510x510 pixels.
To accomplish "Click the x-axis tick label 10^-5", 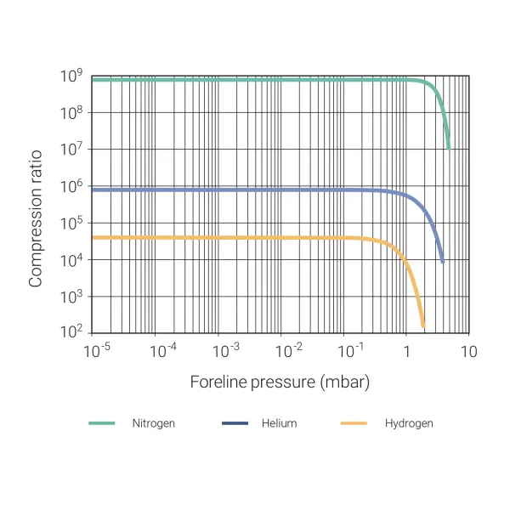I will point(98,350).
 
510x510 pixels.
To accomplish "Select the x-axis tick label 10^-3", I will point(224,350).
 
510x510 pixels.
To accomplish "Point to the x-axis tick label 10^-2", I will point(290,350).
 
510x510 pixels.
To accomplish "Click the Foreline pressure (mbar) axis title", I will point(280,382).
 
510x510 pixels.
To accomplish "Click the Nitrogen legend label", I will point(153,422).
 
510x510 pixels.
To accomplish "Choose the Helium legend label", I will point(279,422).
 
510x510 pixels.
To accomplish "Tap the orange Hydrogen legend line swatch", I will point(353,422).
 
